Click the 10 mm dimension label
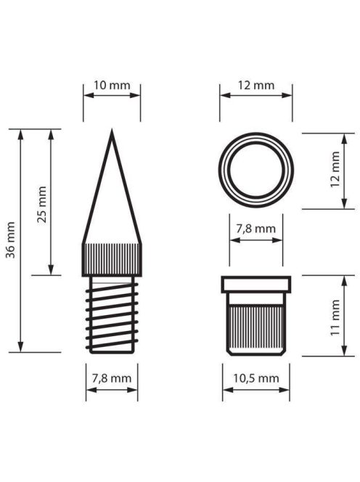coord(112,85)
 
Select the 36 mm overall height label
coord(10,240)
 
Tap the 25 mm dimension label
coord(41,205)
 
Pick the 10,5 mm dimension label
coord(256,378)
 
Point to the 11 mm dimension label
coord(335,317)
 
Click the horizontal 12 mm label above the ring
coord(256,85)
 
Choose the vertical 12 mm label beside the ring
coord(335,169)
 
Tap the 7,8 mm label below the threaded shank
coord(112,378)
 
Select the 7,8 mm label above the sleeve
coord(255,229)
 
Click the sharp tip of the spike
coord(112,131)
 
